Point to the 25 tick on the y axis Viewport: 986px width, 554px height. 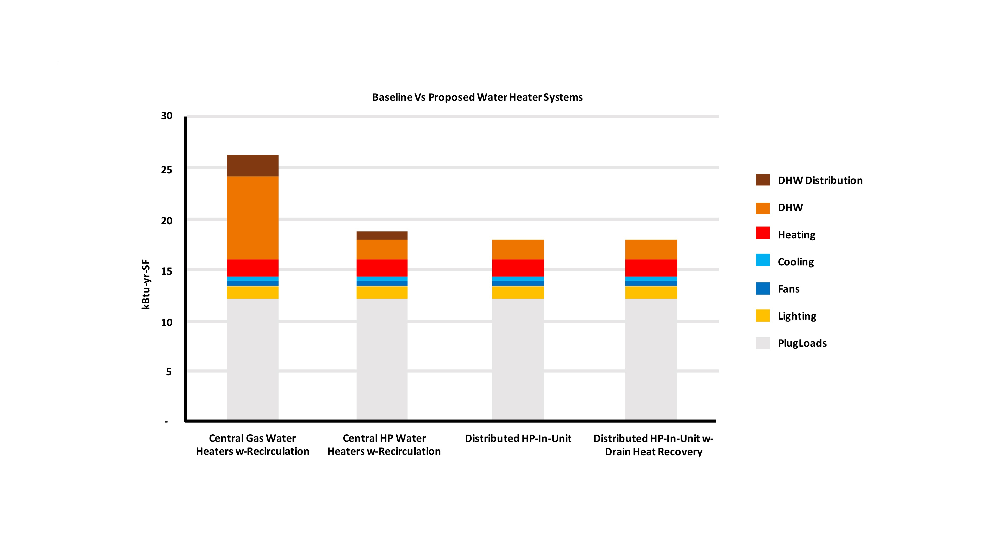(x=166, y=170)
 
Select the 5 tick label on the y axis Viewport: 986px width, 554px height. (x=168, y=372)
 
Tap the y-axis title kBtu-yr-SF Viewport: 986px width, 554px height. (x=146, y=284)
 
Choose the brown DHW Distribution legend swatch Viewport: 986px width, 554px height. (x=762, y=180)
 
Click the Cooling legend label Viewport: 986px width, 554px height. (x=796, y=262)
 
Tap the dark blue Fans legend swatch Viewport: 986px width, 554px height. (x=762, y=289)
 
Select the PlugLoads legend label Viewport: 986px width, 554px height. (x=802, y=343)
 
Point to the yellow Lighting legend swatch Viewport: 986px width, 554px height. (x=762, y=316)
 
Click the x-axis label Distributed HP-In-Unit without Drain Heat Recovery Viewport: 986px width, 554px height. (x=518, y=439)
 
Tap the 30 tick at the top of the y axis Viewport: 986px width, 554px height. (x=166, y=116)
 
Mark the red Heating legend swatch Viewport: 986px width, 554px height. (x=762, y=233)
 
